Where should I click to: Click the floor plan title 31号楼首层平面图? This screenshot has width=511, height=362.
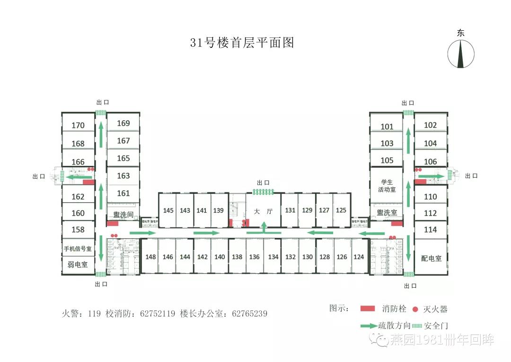click(x=242, y=43)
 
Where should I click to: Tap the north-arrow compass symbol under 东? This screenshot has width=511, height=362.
click(x=461, y=54)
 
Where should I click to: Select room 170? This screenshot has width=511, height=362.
click(x=78, y=126)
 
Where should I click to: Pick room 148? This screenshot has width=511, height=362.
click(x=150, y=257)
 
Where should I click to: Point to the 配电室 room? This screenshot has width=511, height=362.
click(x=431, y=258)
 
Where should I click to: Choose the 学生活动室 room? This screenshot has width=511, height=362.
click(x=387, y=186)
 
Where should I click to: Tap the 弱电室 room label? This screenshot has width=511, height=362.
click(x=78, y=265)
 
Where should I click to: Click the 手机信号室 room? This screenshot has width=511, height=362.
click(x=78, y=248)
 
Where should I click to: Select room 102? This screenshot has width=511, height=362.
click(x=430, y=125)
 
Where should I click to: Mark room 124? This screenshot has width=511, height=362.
click(x=359, y=257)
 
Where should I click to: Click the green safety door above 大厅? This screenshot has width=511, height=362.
click(x=263, y=191)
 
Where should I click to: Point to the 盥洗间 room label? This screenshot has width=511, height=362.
click(x=123, y=215)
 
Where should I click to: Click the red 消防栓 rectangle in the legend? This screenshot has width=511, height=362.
click(x=368, y=309)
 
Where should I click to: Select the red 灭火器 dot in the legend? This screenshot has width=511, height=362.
click(x=415, y=309)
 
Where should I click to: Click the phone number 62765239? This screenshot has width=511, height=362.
click(x=249, y=314)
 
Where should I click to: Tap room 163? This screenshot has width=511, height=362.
click(x=123, y=176)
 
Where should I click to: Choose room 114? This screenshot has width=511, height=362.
click(x=430, y=230)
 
